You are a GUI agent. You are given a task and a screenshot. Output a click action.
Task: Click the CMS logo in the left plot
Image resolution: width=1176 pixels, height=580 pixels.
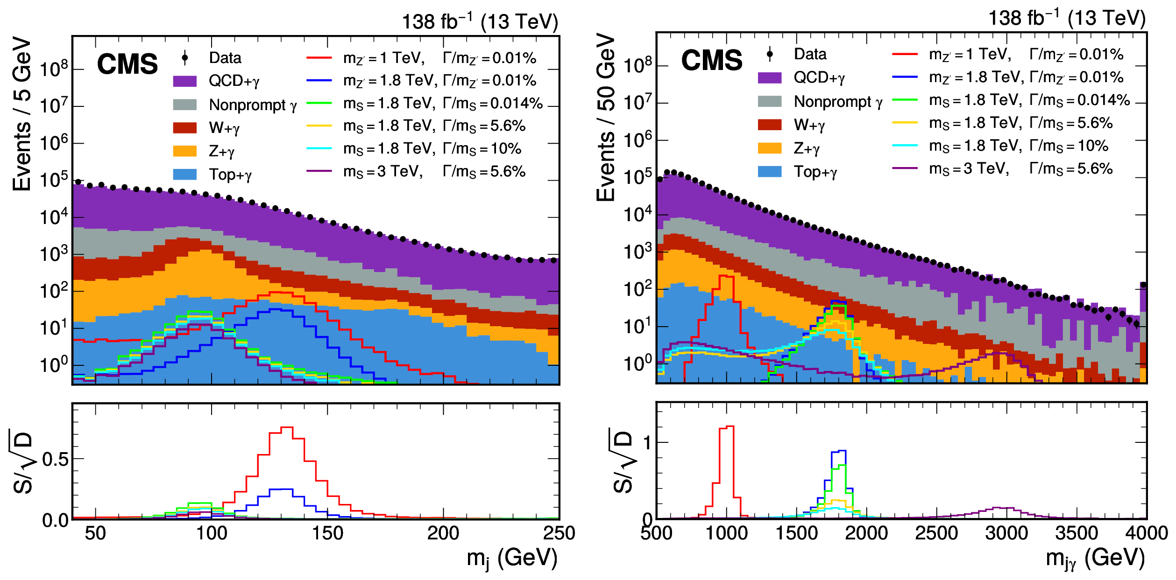pyautogui.click(x=128, y=64)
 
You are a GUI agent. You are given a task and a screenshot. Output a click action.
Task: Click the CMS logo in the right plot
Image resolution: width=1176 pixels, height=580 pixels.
pyautogui.click(x=712, y=60)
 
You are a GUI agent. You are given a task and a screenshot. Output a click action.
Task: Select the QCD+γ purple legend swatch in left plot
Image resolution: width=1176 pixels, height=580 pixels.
pyautogui.click(x=184, y=81)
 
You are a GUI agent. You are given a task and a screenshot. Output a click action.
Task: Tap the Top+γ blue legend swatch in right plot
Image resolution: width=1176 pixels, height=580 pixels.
pyautogui.click(x=769, y=172)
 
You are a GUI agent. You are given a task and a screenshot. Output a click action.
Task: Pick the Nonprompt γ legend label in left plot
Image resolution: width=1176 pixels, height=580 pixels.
pyautogui.click(x=253, y=105)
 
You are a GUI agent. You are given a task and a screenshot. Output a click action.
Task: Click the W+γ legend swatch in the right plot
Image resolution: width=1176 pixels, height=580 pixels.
pyautogui.click(x=769, y=125)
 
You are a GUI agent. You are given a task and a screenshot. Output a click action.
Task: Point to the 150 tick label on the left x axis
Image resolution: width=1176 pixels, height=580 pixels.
pyautogui.click(x=327, y=533)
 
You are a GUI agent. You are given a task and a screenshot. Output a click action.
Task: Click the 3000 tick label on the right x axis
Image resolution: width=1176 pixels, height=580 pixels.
pyautogui.click(x=1006, y=533)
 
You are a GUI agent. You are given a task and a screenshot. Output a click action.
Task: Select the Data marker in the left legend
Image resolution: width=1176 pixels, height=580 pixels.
pyautogui.click(x=185, y=58)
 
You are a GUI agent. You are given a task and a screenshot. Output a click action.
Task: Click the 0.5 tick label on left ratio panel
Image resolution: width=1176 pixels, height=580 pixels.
pyautogui.click(x=55, y=460)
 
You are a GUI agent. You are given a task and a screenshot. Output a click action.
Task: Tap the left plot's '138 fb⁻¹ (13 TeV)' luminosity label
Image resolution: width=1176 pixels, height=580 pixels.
pyautogui.click(x=480, y=21)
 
